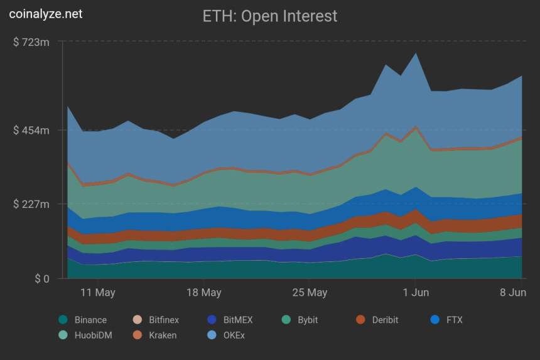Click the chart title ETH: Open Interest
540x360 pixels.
(x=269, y=16)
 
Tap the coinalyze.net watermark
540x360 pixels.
(x=45, y=13)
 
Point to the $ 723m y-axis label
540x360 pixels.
(x=31, y=42)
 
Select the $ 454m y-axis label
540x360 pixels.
(x=31, y=130)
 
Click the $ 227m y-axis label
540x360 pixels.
(x=31, y=204)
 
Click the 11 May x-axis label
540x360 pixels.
(x=98, y=293)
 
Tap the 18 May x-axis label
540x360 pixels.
(x=204, y=293)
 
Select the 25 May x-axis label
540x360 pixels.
(x=310, y=293)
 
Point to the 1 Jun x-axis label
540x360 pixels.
(x=416, y=293)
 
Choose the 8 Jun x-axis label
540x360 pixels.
(x=513, y=293)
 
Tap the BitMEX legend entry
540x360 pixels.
(x=230, y=320)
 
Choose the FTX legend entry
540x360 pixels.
(x=446, y=320)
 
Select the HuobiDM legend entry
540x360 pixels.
(x=85, y=335)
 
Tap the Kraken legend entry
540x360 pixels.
(x=154, y=335)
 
